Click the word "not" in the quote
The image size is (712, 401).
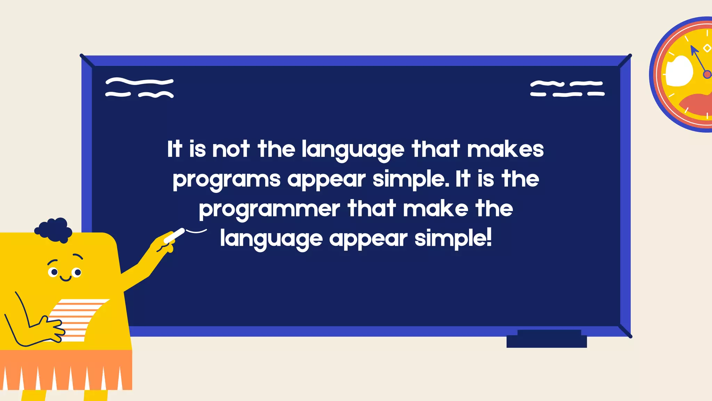231,149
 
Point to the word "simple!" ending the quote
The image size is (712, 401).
453,239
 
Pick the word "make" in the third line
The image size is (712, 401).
436,209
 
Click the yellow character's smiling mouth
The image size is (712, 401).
65,278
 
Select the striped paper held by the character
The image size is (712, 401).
78,319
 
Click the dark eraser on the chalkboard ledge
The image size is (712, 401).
547,339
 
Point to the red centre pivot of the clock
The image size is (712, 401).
707,74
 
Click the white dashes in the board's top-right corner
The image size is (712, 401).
567,88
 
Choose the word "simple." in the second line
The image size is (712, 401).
410,179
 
